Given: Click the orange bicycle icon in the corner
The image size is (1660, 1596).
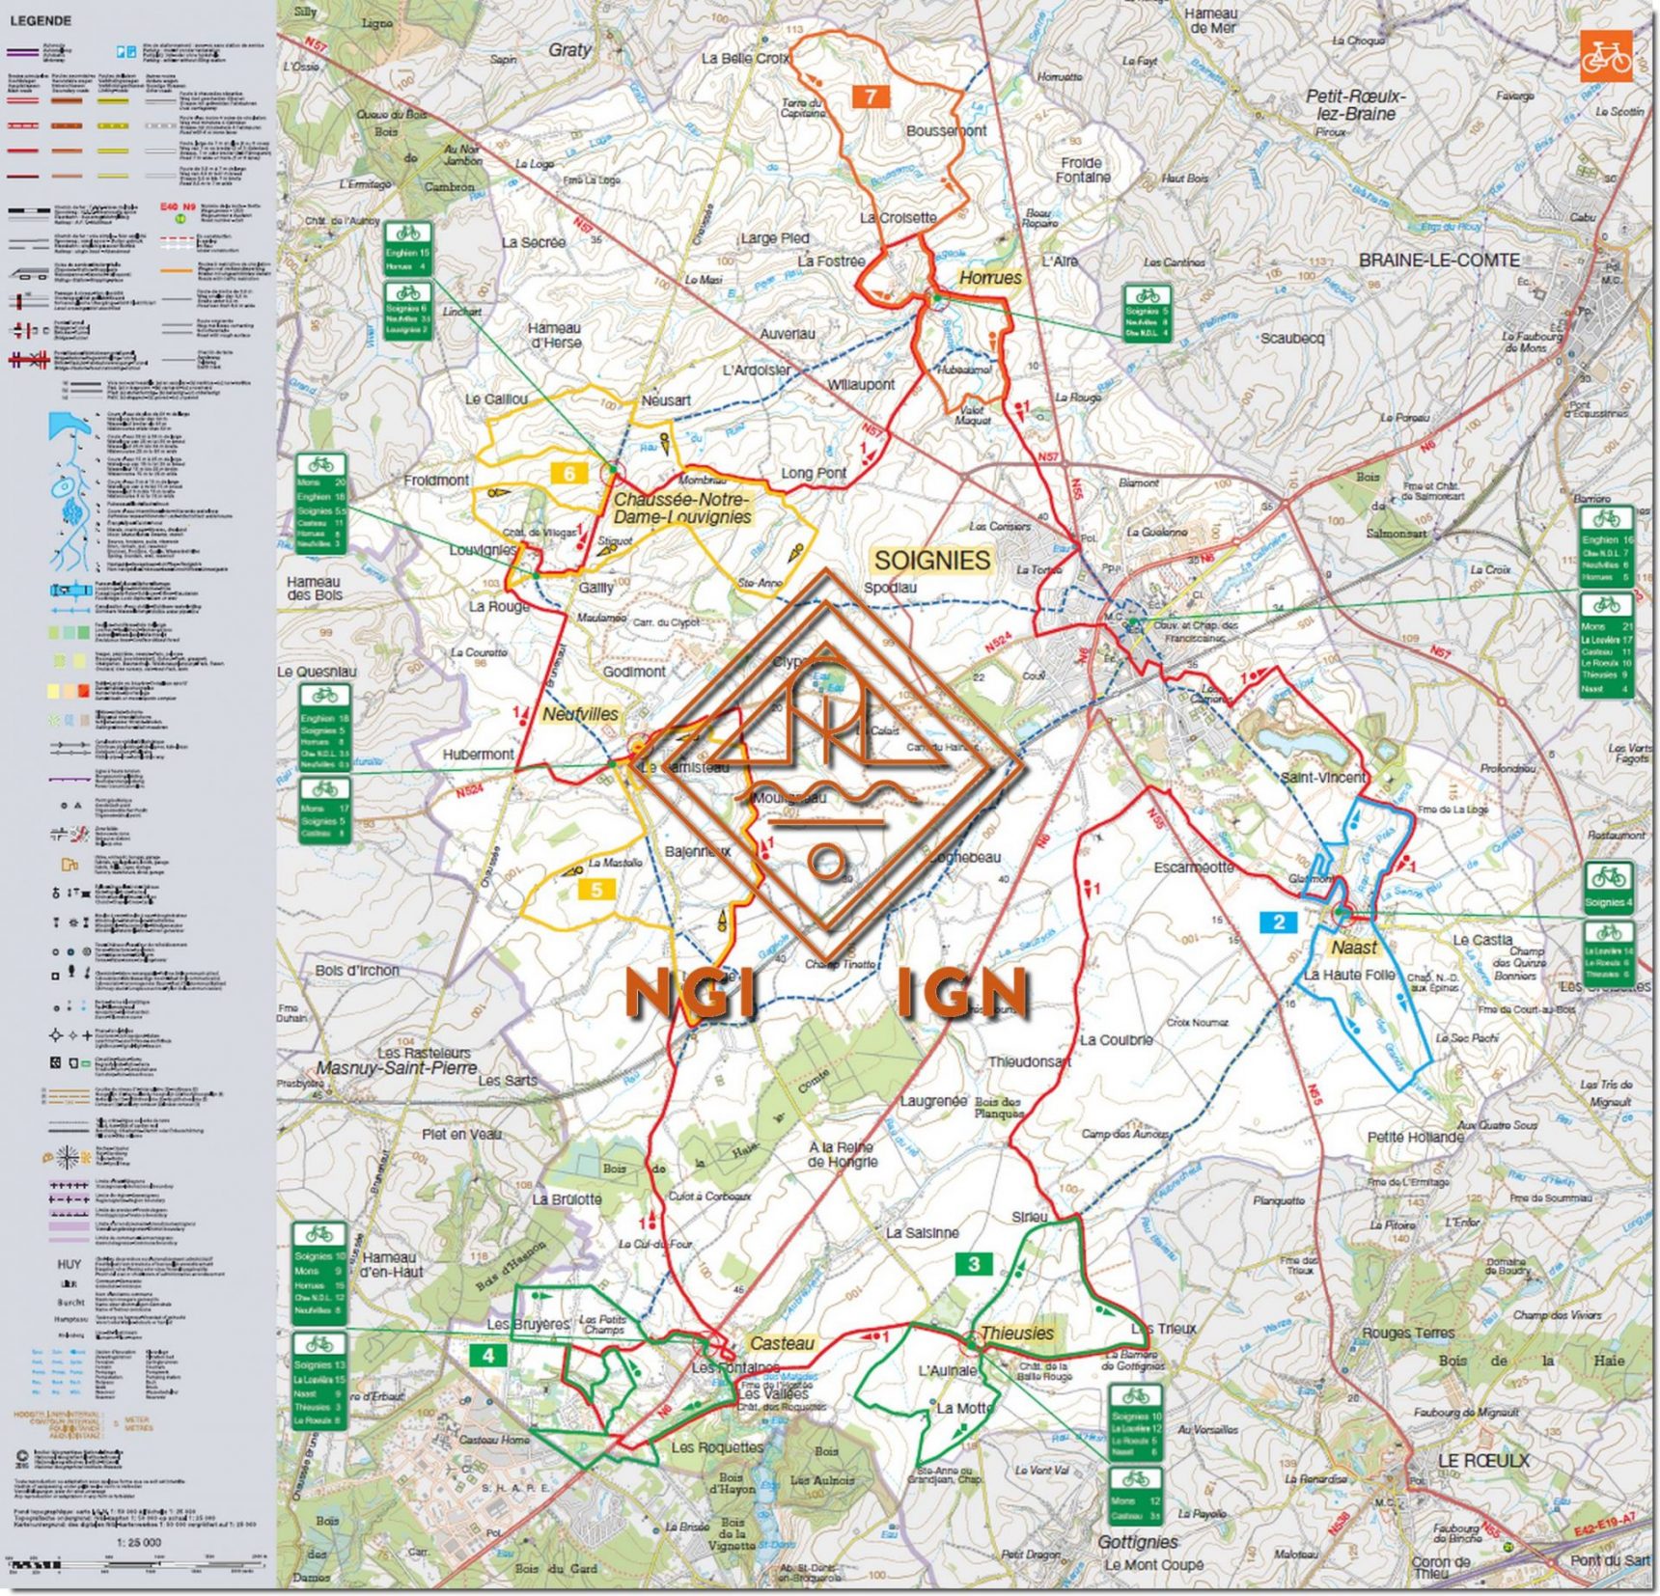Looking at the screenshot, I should click(x=1605, y=55).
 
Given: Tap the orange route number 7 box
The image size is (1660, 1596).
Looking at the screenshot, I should click(x=871, y=96).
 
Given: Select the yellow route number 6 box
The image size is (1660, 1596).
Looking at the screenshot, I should click(x=569, y=474).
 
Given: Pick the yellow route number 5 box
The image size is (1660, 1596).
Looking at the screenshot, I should click(x=596, y=889).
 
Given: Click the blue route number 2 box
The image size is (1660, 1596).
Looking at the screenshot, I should click(x=1279, y=922).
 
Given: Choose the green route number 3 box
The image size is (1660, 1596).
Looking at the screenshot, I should click(x=973, y=1264).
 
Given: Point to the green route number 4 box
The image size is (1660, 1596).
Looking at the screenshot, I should click(x=488, y=1355).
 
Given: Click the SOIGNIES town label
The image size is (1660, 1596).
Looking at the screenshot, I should click(x=931, y=561).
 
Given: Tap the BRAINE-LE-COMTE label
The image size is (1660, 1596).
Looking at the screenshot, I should click(x=1439, y=261).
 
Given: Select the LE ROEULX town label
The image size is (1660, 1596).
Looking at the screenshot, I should click(x=1482, y=1461).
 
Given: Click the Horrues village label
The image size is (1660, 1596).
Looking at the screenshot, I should click(x=989, y=278).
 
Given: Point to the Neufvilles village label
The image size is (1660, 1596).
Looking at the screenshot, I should click(x=580, y=714).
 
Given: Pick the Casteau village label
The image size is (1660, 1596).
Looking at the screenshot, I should click(x=782, y=1343).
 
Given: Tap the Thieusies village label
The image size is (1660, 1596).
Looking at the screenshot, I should click(x=1016, y=1333).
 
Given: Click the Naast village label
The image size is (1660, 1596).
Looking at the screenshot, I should click(x=1354, y=948).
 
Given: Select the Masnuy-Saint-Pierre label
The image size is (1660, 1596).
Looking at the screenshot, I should click(x=397, y=1068).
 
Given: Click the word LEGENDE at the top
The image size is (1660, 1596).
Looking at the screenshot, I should click(x=41, y=20).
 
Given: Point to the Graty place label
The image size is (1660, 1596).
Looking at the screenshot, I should click(x=569, y=50).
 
